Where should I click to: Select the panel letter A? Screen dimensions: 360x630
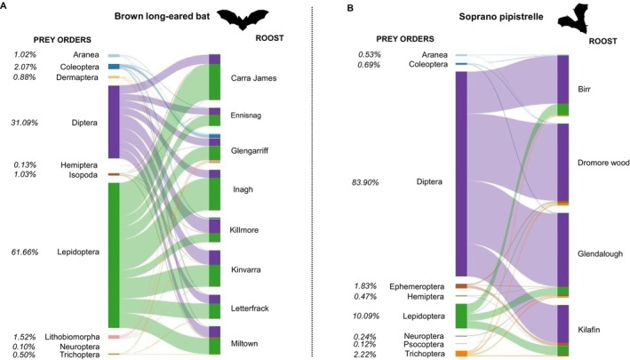[6, 8]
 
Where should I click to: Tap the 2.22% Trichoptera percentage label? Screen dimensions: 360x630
[367, 354]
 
